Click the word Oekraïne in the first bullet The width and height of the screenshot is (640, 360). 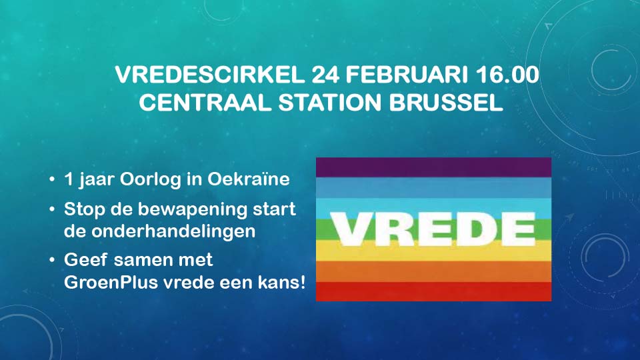256,180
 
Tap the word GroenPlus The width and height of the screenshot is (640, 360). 107,282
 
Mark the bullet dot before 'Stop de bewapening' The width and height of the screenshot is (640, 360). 52,209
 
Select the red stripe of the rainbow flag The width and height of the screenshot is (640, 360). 433,291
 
